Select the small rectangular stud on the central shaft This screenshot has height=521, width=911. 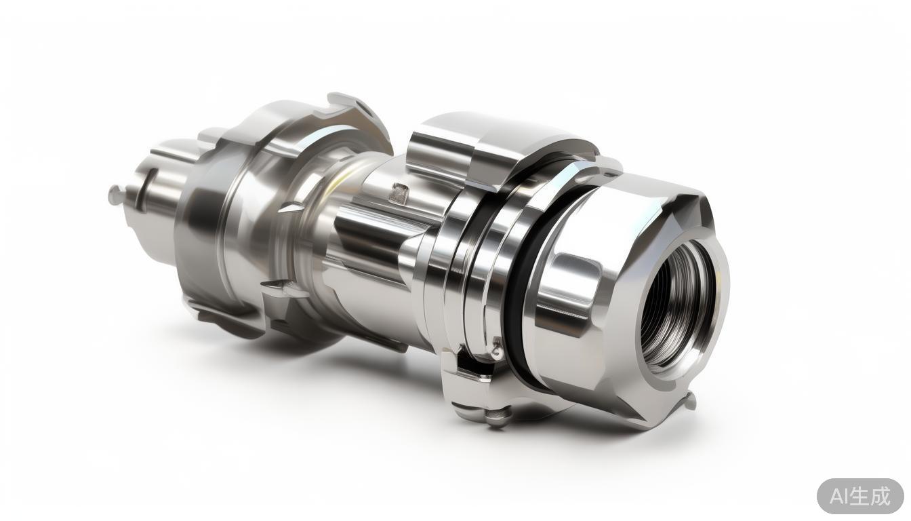pyautogui.click(x=399, y=193)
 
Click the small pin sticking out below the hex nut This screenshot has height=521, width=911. pyautogui.click(x=691, y=400)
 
